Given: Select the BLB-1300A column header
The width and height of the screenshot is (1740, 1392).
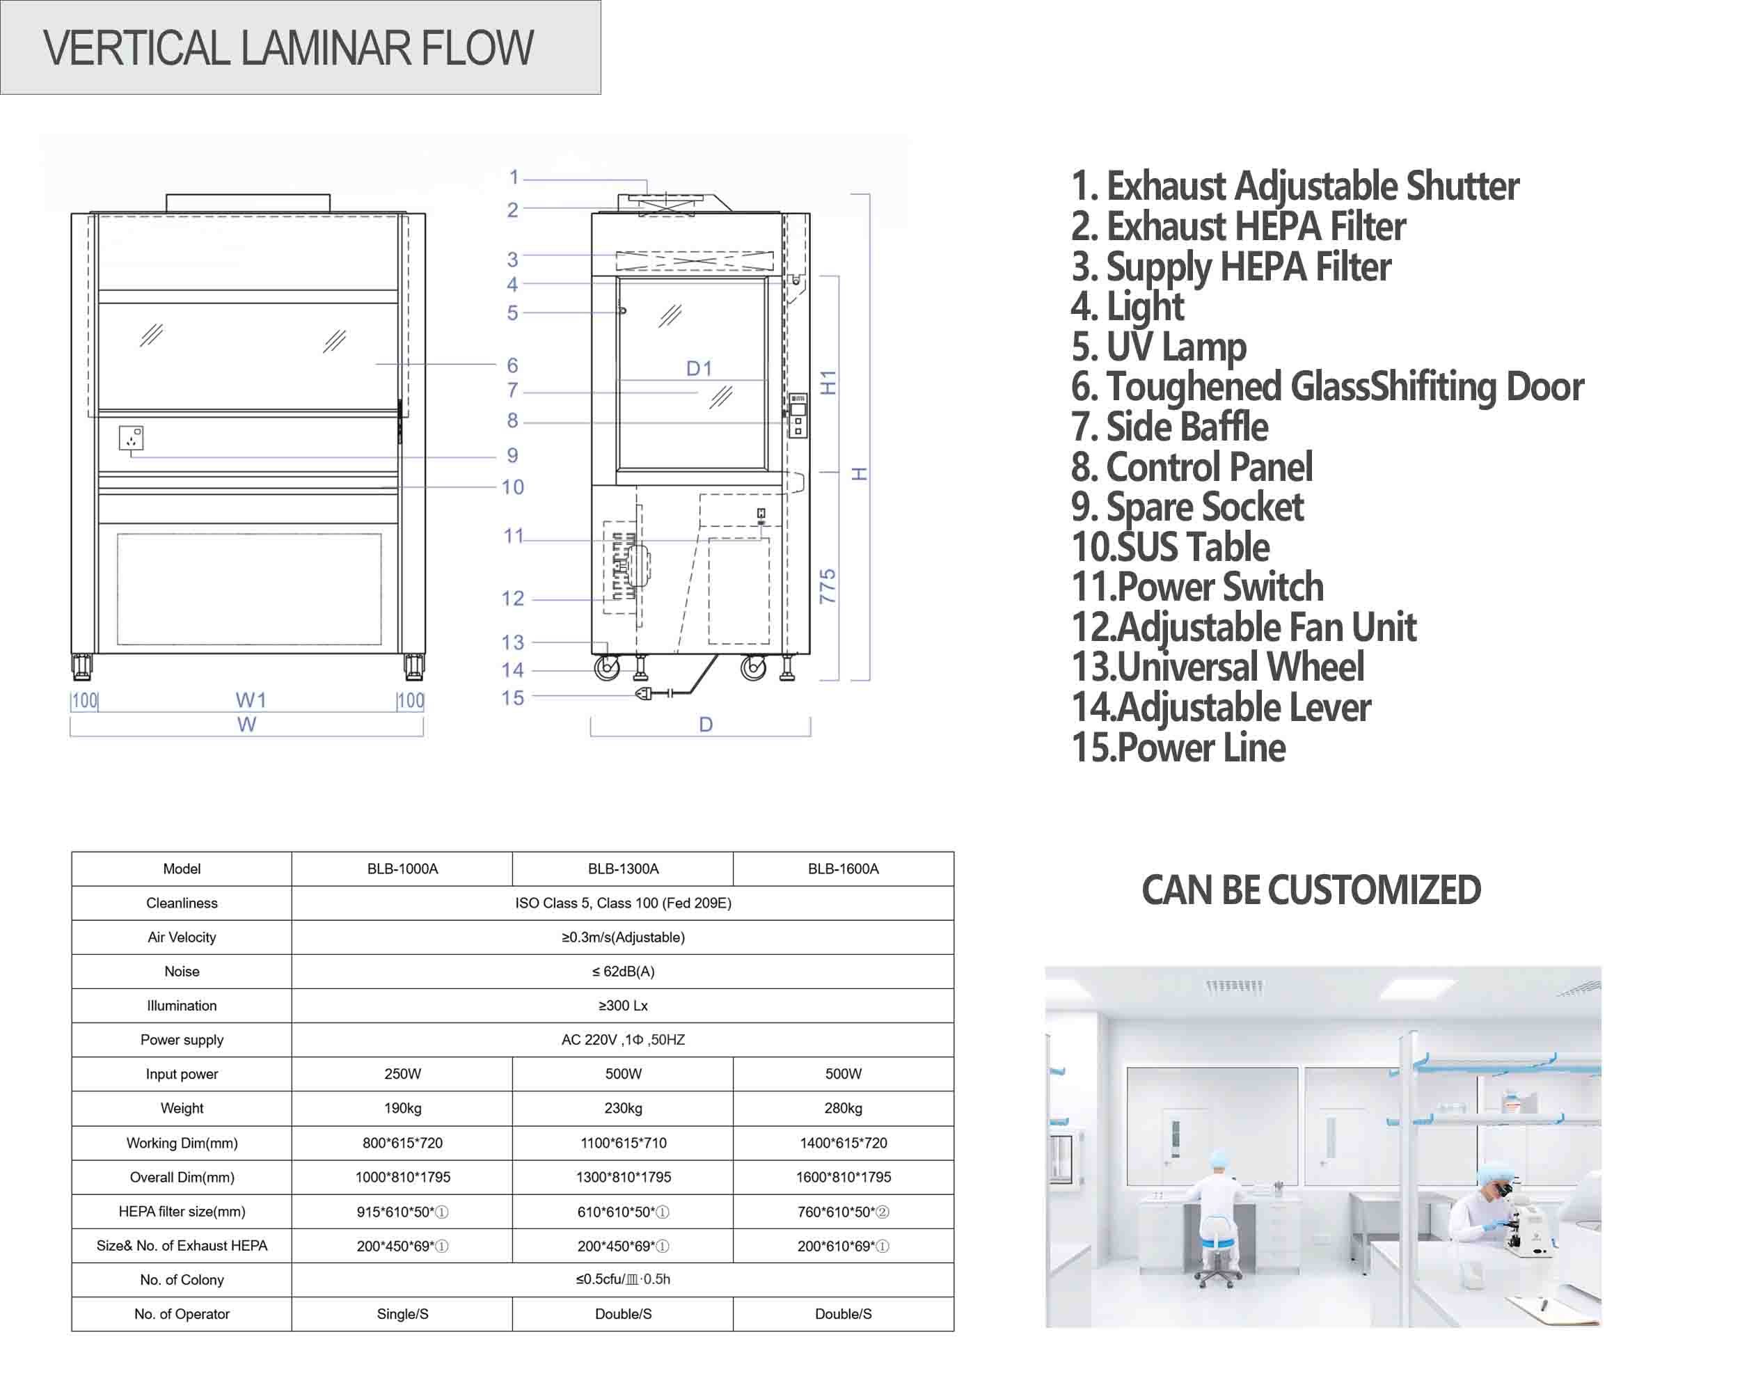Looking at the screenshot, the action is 623,869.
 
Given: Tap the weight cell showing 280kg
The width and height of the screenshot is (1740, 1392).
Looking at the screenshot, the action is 844,1108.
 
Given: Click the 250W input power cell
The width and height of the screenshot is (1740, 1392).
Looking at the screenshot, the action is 403,1074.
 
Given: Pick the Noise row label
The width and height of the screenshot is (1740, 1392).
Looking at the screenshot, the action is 182,972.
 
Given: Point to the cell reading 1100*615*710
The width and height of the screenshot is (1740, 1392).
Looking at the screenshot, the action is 623,1143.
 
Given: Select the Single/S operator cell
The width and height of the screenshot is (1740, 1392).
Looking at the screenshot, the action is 403,1314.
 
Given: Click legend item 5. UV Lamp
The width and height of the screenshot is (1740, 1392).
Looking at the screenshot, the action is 1159,347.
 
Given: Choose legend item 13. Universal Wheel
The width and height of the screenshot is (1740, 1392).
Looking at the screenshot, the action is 1218,667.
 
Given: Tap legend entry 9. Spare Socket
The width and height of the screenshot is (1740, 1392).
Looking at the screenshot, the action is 1187,507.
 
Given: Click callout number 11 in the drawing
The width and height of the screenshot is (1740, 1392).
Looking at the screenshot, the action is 513,536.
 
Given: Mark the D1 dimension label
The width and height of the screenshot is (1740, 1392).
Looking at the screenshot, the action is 699,369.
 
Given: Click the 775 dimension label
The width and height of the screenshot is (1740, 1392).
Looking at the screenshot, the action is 828,586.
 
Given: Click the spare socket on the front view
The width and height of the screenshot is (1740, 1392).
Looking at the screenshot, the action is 132,438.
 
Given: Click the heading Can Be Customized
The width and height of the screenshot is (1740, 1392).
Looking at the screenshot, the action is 1311,890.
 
